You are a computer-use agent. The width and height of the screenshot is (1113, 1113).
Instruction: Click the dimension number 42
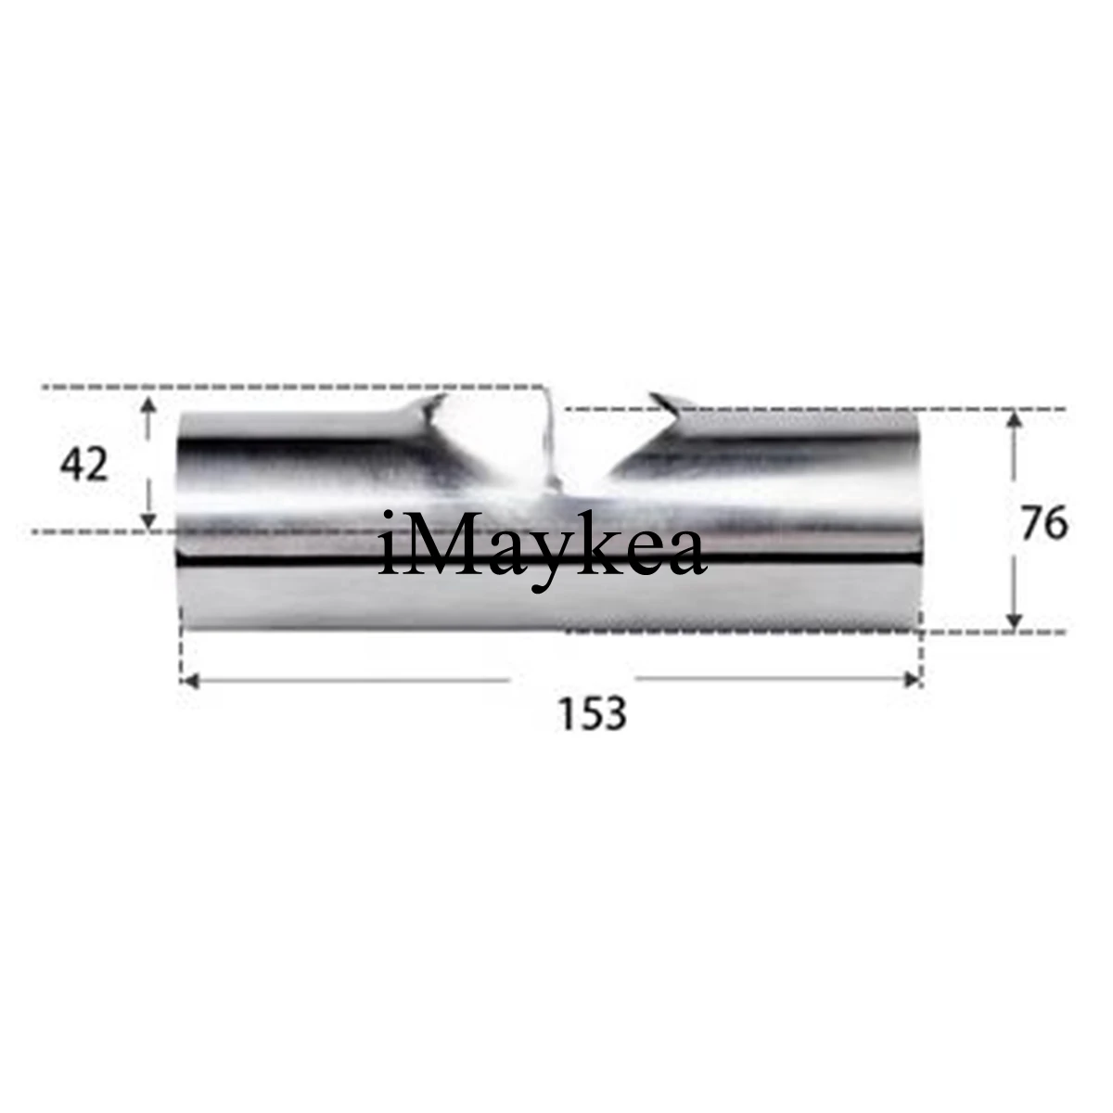(x=83, y=465)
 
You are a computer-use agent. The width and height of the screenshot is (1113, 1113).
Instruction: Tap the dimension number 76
(x=1043, y=525)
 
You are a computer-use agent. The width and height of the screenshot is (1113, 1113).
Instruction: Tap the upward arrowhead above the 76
(x=1014, y=419)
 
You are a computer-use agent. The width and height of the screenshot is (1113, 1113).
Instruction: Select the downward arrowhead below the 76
(x=1014, y=621)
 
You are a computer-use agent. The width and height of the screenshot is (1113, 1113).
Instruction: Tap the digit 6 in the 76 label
(x=1055, y=525)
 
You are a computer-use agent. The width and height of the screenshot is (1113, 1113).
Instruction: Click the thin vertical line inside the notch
(x=547, y=436)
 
